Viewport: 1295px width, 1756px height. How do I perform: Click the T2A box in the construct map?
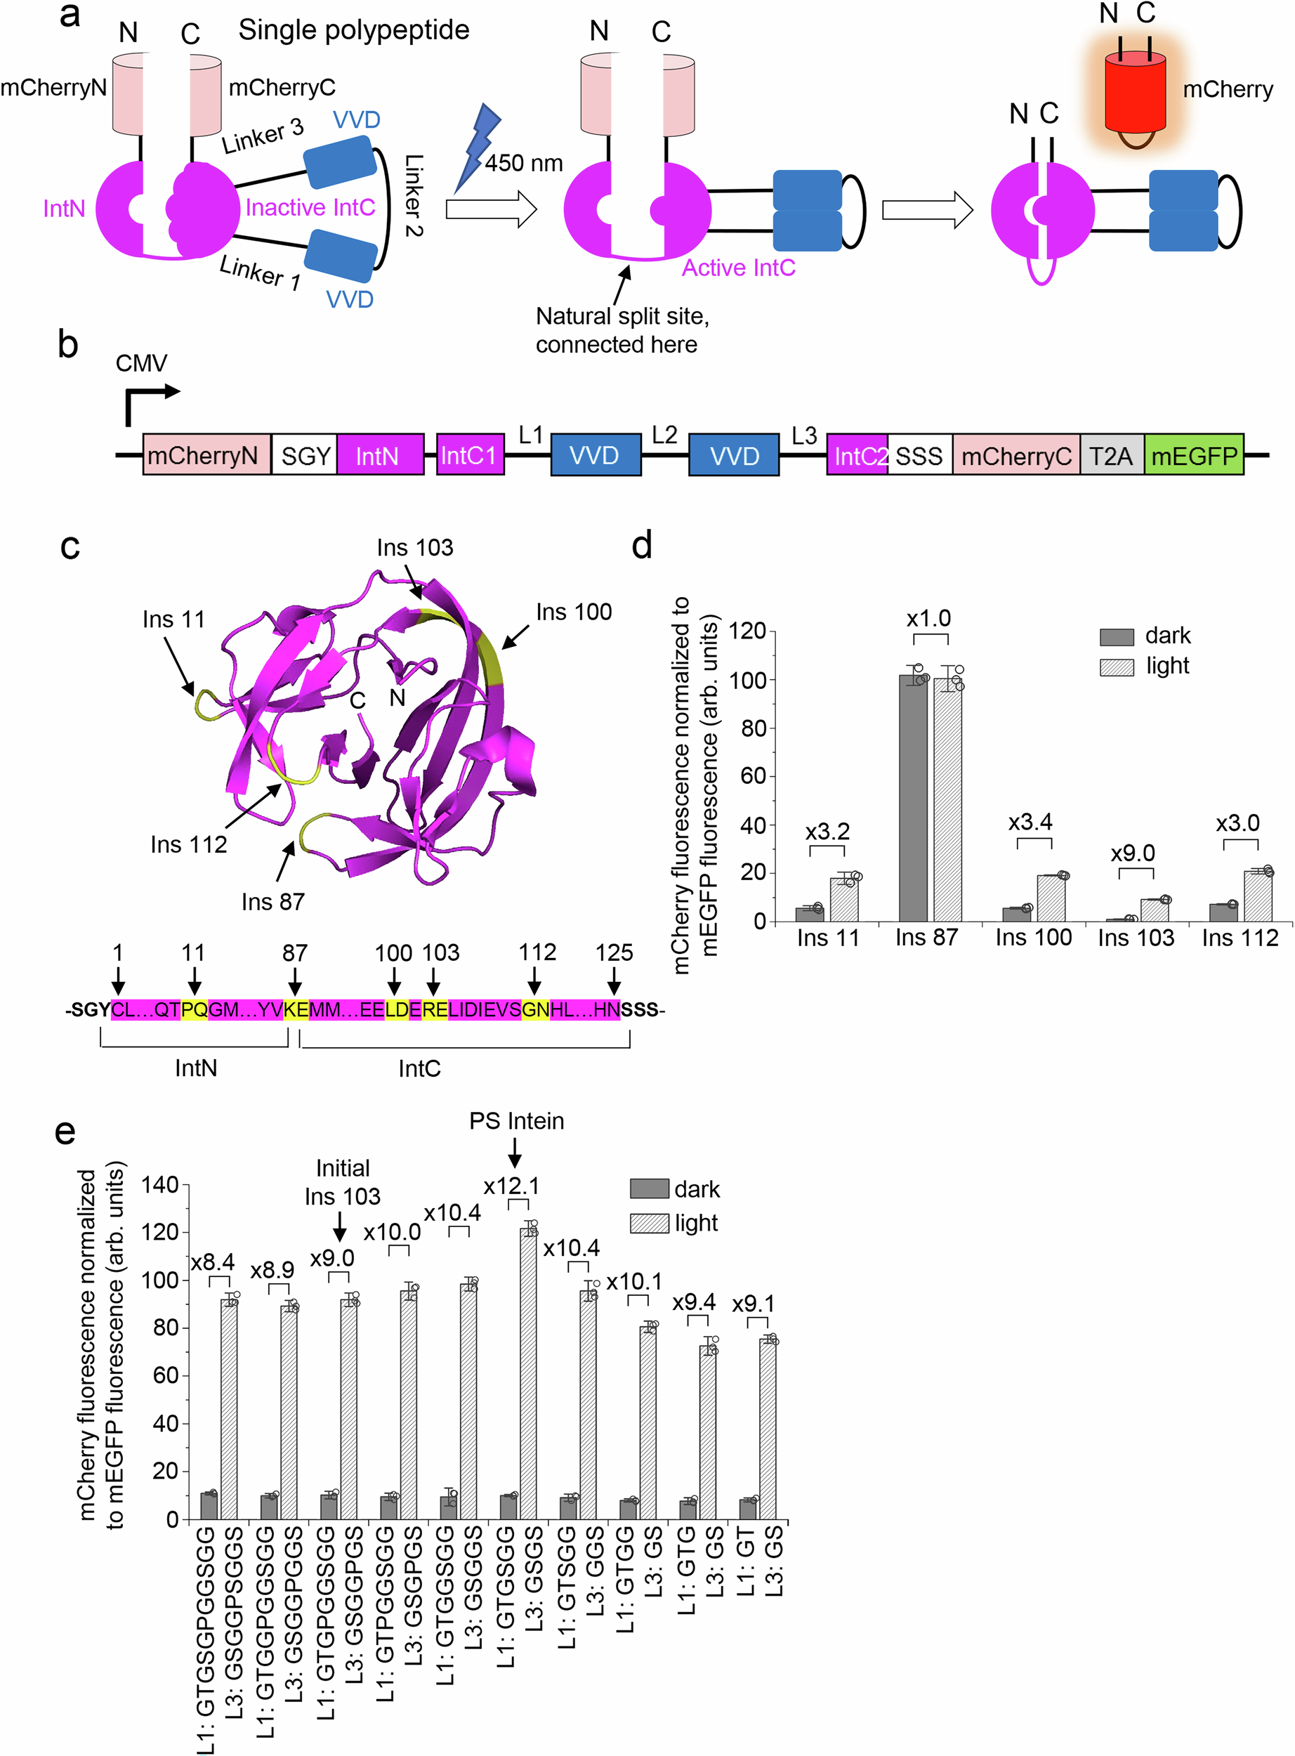tap(1111, 454)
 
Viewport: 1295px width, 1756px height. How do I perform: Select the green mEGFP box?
tap(1193, 454)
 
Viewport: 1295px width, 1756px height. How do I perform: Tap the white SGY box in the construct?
tap(304, 454)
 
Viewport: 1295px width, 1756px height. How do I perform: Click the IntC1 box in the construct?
tap(470, 454)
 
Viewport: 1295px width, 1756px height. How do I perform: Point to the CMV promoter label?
tap(141, 363)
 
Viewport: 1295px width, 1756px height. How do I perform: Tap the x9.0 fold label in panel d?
tap(1133, 853)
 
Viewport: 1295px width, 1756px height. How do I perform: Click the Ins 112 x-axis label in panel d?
tap(1240, 938)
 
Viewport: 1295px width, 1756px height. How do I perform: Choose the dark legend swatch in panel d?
tap(1117, 636)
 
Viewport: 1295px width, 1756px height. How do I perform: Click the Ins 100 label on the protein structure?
tap(574, 612)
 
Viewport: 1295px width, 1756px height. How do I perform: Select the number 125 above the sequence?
tap(614, 952)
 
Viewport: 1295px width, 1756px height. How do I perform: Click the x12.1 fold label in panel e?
tap(511, 1186)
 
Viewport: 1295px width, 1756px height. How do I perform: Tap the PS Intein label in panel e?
tap(517, 1121)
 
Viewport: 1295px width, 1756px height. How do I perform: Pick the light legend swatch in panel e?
tap(649, 1223)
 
